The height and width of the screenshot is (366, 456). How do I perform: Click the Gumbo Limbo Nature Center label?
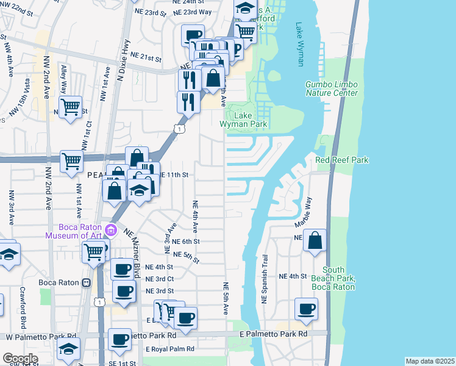click(332, 88)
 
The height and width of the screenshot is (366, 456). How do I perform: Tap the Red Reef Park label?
click(342, 160)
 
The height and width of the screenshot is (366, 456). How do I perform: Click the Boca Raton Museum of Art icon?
click(110, 230)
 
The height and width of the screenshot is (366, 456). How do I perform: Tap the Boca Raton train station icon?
click(87, 282)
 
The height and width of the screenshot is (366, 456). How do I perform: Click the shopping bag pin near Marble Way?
click(315, 241)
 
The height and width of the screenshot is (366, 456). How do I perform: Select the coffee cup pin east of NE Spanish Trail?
click(306, 309)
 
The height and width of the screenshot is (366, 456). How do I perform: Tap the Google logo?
click(20, 359)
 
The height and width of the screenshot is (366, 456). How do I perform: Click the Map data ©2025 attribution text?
click(430, 361)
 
